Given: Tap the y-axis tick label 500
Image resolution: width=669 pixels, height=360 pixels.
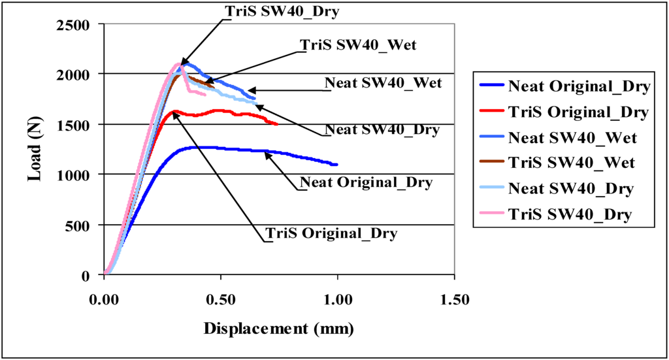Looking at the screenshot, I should pos(82,225).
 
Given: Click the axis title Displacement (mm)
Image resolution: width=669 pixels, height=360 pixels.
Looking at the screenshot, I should pos(279,329).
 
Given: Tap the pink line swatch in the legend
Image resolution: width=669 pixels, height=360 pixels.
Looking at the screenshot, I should pos(492,214).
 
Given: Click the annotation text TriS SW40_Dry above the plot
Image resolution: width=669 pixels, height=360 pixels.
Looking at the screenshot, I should pos(282,11).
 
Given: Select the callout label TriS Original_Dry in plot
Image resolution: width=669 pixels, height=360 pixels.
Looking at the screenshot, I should pos(331,233).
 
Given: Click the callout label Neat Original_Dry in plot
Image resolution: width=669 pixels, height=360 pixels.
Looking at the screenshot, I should pos(366,182).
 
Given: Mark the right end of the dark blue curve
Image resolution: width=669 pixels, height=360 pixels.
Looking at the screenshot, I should pos(336,164).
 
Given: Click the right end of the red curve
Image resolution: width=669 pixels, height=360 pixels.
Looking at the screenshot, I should pos(277,123).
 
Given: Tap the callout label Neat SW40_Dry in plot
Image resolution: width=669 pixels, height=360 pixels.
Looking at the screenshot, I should pos(382,131).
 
